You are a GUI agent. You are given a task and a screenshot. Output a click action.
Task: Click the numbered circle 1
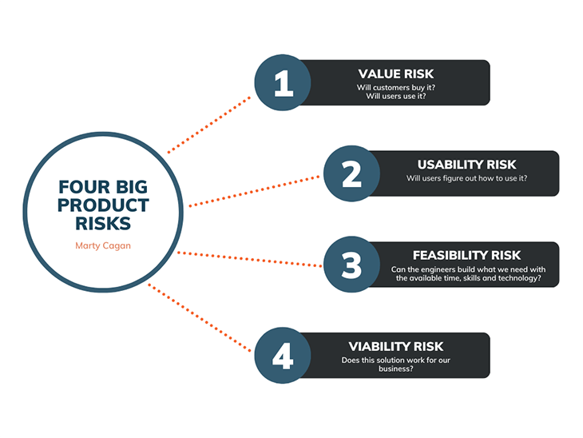tap(283, 82)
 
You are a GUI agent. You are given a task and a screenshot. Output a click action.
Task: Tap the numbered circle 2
tap(351, 173)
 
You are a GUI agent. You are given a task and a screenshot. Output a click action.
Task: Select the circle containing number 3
tap(351, 265)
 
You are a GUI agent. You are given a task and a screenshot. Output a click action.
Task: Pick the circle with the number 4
tap(283, 356)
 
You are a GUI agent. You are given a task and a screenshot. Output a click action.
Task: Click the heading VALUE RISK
tap(396, 74)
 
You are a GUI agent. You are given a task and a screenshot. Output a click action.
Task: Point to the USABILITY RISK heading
tap(466, 165)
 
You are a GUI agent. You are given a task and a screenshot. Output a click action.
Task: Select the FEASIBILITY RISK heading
tap(466, 255)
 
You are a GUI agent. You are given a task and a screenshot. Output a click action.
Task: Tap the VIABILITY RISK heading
tap(396, 346)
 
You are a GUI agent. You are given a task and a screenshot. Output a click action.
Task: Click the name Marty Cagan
tap(103, 245)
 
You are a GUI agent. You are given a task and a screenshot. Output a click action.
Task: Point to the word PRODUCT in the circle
tap(103, 205)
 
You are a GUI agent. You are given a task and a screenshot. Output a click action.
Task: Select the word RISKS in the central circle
tap(103, 224)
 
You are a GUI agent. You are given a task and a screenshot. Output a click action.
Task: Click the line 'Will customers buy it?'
tap(396, 87)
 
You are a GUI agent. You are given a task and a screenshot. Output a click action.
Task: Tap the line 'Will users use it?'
tap(396, 96)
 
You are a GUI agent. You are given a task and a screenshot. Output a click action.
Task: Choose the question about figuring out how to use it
tap(466, 178)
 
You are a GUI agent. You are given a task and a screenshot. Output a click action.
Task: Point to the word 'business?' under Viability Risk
tap(396, 368)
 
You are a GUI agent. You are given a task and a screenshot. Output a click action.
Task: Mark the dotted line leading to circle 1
tap(209, 125)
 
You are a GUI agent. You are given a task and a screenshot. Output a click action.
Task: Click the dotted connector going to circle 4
tap(200, 318)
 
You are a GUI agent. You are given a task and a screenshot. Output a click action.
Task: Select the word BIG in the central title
tap(132, 187)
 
